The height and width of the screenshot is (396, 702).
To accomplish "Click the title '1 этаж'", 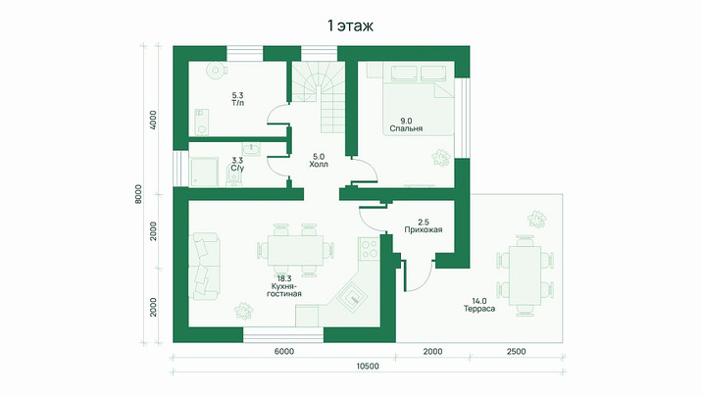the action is [351, 25].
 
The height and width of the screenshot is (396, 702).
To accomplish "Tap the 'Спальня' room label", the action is [406, 128].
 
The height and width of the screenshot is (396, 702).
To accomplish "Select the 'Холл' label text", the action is [319, 165].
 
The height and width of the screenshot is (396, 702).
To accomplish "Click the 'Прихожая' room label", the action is [424, 230].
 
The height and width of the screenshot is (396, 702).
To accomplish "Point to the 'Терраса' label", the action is [479, 309].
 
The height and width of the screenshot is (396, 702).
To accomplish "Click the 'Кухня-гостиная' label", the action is [284, 290].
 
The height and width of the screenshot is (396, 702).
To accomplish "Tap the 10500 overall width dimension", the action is [368, 367].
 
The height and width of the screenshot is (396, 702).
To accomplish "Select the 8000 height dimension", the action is [138, 194].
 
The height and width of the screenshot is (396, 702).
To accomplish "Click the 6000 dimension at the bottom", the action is [284, 352].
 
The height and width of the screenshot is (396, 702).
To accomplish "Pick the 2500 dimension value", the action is [516, 352].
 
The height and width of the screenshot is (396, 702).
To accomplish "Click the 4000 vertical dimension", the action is [154, 120].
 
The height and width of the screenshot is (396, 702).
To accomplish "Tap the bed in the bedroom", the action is [418, 98].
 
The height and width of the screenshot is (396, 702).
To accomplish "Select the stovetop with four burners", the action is [369, 249].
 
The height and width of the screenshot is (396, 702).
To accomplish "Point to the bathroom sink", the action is [251, 149].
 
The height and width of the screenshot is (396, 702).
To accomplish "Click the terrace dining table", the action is [526, 276].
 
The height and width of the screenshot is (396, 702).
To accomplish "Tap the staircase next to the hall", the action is [319, 97].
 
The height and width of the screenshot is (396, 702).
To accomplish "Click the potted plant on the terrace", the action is [537, 219].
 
